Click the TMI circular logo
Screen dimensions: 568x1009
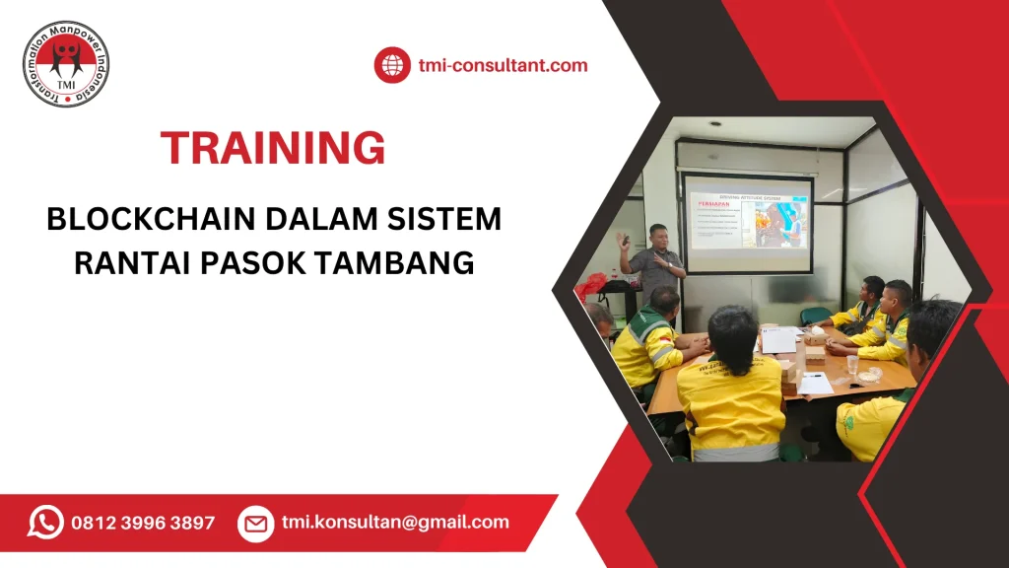coord(66,64)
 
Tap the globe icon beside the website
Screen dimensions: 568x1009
coord(392,66)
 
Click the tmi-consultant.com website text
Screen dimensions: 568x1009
coord(503,66)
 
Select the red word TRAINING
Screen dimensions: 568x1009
coord(273,148)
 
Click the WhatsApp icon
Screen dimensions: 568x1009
coord(45,522)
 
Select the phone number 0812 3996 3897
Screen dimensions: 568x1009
coord(143,523)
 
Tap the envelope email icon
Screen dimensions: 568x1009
coord(255,523)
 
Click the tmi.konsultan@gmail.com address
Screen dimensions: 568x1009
coord(395,523)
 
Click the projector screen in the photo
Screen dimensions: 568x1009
coord(749,225)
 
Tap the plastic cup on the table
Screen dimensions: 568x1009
coord(851,364)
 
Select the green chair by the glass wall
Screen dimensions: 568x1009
coord(815,316)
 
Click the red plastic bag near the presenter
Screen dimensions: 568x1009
coord(590,286)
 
